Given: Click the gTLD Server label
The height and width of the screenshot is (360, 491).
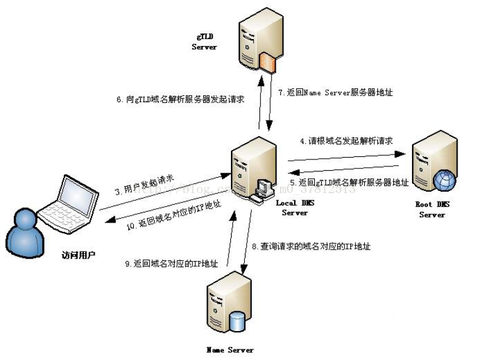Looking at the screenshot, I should [x=204, y=42].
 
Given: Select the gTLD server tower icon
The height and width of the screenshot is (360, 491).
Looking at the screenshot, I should [x=258, y=44].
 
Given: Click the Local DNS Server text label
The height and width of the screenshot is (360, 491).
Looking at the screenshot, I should [x=295, y=207].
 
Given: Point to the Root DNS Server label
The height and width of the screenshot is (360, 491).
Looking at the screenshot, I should [x=432, y=209].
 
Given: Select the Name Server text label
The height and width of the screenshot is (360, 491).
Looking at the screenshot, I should [x=230, y=349].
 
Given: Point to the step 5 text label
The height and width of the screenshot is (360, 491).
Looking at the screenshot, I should [x=348, y=182].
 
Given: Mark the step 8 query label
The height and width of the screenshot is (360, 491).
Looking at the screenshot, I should [x=311, y=247].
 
